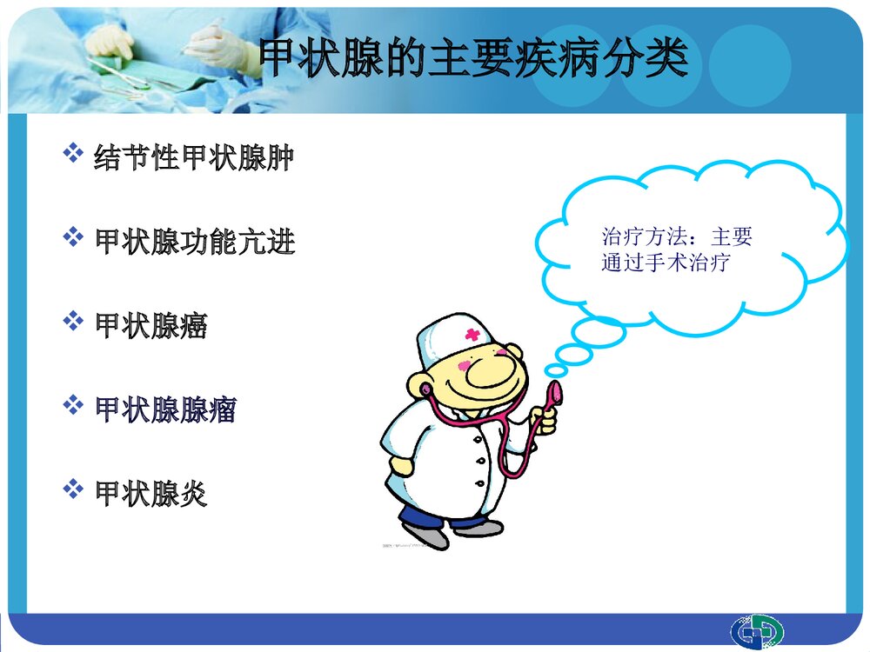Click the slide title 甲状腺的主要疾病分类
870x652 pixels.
coord(474,59)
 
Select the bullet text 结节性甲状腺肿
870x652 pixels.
coord(193,158)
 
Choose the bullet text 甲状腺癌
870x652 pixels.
coord(151,326)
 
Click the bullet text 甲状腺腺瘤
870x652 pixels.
coord(165,409)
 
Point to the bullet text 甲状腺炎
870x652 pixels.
coord(151,494)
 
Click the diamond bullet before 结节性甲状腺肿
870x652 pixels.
coord(73,156)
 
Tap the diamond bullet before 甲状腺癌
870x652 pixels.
coord(73,323)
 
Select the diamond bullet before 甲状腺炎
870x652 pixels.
coord(73,490)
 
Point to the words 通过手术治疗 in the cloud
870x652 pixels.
coord(665,262)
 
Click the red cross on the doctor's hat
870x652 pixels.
coord(472,335)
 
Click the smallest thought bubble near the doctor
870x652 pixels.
coord(555,370)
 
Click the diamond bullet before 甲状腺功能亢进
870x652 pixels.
coord(73,238)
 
